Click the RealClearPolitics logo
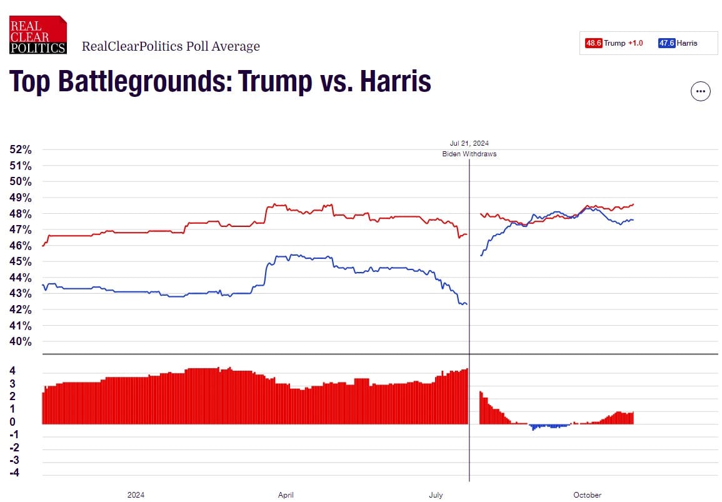click(x=38, y=35)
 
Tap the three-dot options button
click(x=700, y=91)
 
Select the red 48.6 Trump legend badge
click(x=593, y=43)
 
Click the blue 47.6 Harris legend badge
click(x=666, y=43)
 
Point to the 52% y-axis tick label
click(x=21, y=149)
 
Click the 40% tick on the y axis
click(x=21, y=342)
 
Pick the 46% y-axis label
click(x=21, y=246)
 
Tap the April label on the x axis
click(x=286, y=495)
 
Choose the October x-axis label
click(x=587, y=495)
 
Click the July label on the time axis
click(x=436, y=495)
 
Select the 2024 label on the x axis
click(x=136, y=495)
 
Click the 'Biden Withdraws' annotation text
click(x=469, y=154)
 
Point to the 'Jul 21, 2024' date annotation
click(x=469, y=143)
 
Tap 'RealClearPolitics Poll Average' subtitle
click(x=171, y=46)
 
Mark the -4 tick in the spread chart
click(x=14, y=473)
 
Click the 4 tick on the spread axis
click(x=13, y=370)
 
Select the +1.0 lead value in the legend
click(x=635, y=43)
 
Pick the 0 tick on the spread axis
click(x=13, y=422)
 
